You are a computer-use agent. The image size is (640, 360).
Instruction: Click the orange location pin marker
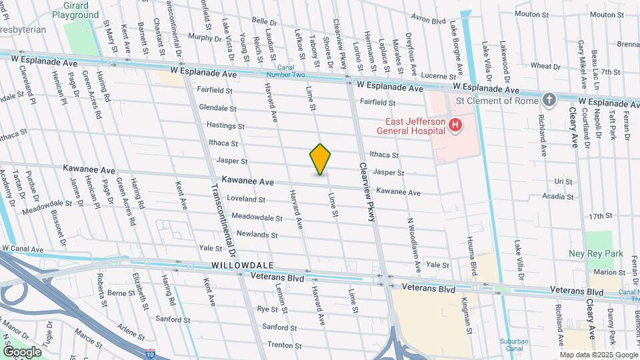click(321, 159)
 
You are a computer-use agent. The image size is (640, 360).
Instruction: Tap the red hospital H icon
click(455, 125)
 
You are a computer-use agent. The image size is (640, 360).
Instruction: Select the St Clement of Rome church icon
click(549, 100)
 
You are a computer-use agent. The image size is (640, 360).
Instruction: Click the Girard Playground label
click(75, 10)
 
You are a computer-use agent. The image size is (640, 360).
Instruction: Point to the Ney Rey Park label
click(595, 253)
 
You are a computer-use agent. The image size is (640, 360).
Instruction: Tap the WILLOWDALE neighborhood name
click(233, 265)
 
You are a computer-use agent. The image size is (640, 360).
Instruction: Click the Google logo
click(21, 351)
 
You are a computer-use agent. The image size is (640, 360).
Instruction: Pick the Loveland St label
click(246, 199)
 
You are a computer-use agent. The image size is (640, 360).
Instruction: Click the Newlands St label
click(257, 235)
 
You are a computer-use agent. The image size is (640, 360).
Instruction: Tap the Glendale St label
click(217, 108)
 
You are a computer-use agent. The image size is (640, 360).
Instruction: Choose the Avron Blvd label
click(428, 21)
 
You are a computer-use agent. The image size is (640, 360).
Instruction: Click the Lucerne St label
click(419, 77)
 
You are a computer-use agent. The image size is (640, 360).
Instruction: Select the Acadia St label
click(557, 197)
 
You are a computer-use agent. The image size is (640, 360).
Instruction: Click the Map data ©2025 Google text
click(598, 355)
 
